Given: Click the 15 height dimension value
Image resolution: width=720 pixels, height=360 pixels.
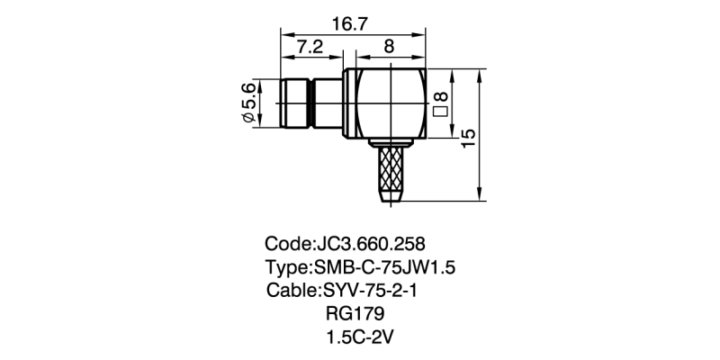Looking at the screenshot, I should point(467,138).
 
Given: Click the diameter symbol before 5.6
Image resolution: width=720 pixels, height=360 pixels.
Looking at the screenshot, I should point(247,118).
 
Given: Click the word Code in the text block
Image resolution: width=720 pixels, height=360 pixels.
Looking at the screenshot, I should point(285,244).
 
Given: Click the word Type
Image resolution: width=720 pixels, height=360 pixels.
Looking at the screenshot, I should point(285,268).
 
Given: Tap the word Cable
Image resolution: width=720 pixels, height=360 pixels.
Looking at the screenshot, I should point(291,292).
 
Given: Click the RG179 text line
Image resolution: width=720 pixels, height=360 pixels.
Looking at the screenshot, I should point(355,315).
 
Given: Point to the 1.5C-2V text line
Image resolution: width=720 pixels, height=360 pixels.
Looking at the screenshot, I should point(361,338).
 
